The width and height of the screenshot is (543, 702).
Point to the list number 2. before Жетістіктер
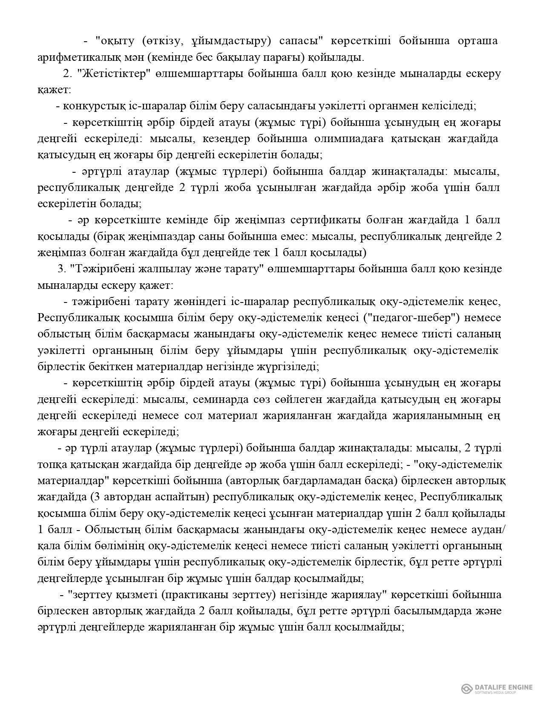tap(67, 73)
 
